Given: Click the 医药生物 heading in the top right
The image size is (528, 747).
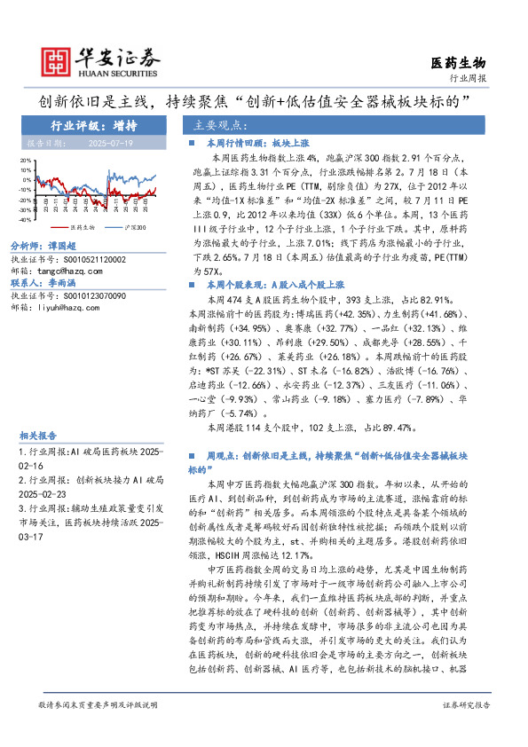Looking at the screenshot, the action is pyautogui.click(x=459, y=62).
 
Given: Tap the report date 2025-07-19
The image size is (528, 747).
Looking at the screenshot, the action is pyautogui.click(x=110, y=142).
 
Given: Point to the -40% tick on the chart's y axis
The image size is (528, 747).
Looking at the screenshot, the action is pyautogui.click(x=27, y=218).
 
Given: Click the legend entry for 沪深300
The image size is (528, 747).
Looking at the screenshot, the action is pyautogui.click(x=134, y=227).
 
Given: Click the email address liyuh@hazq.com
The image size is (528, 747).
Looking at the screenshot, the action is pyautogui.click(x=73, y=307).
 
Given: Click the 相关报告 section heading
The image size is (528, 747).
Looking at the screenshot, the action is pyautogui.click(x=38, y=436).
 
